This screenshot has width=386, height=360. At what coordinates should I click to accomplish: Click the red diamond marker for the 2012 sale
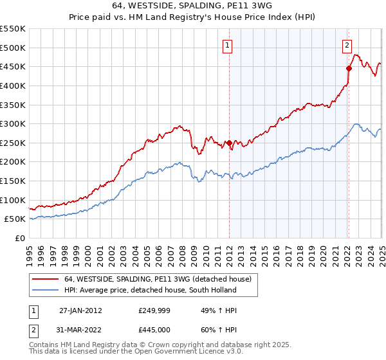click(229, 143)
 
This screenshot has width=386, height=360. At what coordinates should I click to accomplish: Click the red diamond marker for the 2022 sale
click(349, 68)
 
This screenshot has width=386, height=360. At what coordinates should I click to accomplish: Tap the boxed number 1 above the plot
click(228, 45)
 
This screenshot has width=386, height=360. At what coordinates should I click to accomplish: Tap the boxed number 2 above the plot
click(347, 45)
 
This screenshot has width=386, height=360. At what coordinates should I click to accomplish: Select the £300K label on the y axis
click(13, 123)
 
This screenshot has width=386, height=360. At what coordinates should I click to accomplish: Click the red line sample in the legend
click(45, 279)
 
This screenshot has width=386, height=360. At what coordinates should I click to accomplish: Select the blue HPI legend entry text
click(150, 290)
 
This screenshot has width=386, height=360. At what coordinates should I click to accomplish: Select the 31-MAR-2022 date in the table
click(80, 331)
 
